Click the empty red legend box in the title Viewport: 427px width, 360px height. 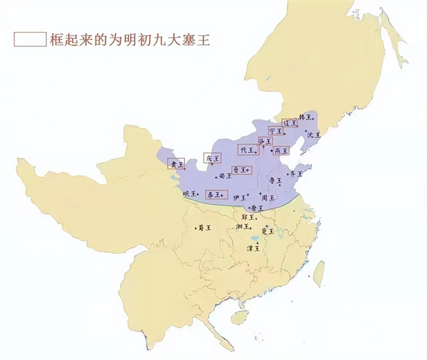click(29, 39)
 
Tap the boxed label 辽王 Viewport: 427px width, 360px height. click(290, 123)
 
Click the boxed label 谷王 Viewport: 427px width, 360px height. click(265, 142)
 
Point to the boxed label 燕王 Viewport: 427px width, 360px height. click(281, 151)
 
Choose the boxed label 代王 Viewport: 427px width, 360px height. click(246, 151)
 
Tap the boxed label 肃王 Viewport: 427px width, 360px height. click(176, 164)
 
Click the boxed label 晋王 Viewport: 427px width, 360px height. click(241, 170)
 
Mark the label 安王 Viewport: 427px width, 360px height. click(225, 176)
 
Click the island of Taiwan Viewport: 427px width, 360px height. click(318, 271)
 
